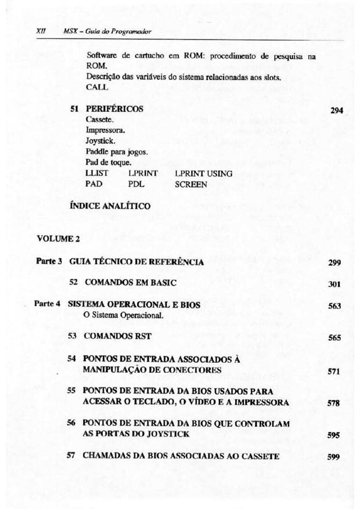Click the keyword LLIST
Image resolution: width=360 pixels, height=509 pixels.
tap(96, 173)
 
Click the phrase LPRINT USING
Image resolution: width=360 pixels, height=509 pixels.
tap(203, 173)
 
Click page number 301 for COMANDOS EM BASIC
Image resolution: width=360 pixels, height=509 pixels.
tap(334, 285)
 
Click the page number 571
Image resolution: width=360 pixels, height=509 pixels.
tap(334, 372)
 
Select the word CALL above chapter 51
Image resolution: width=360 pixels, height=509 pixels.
tap(96, 88)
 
